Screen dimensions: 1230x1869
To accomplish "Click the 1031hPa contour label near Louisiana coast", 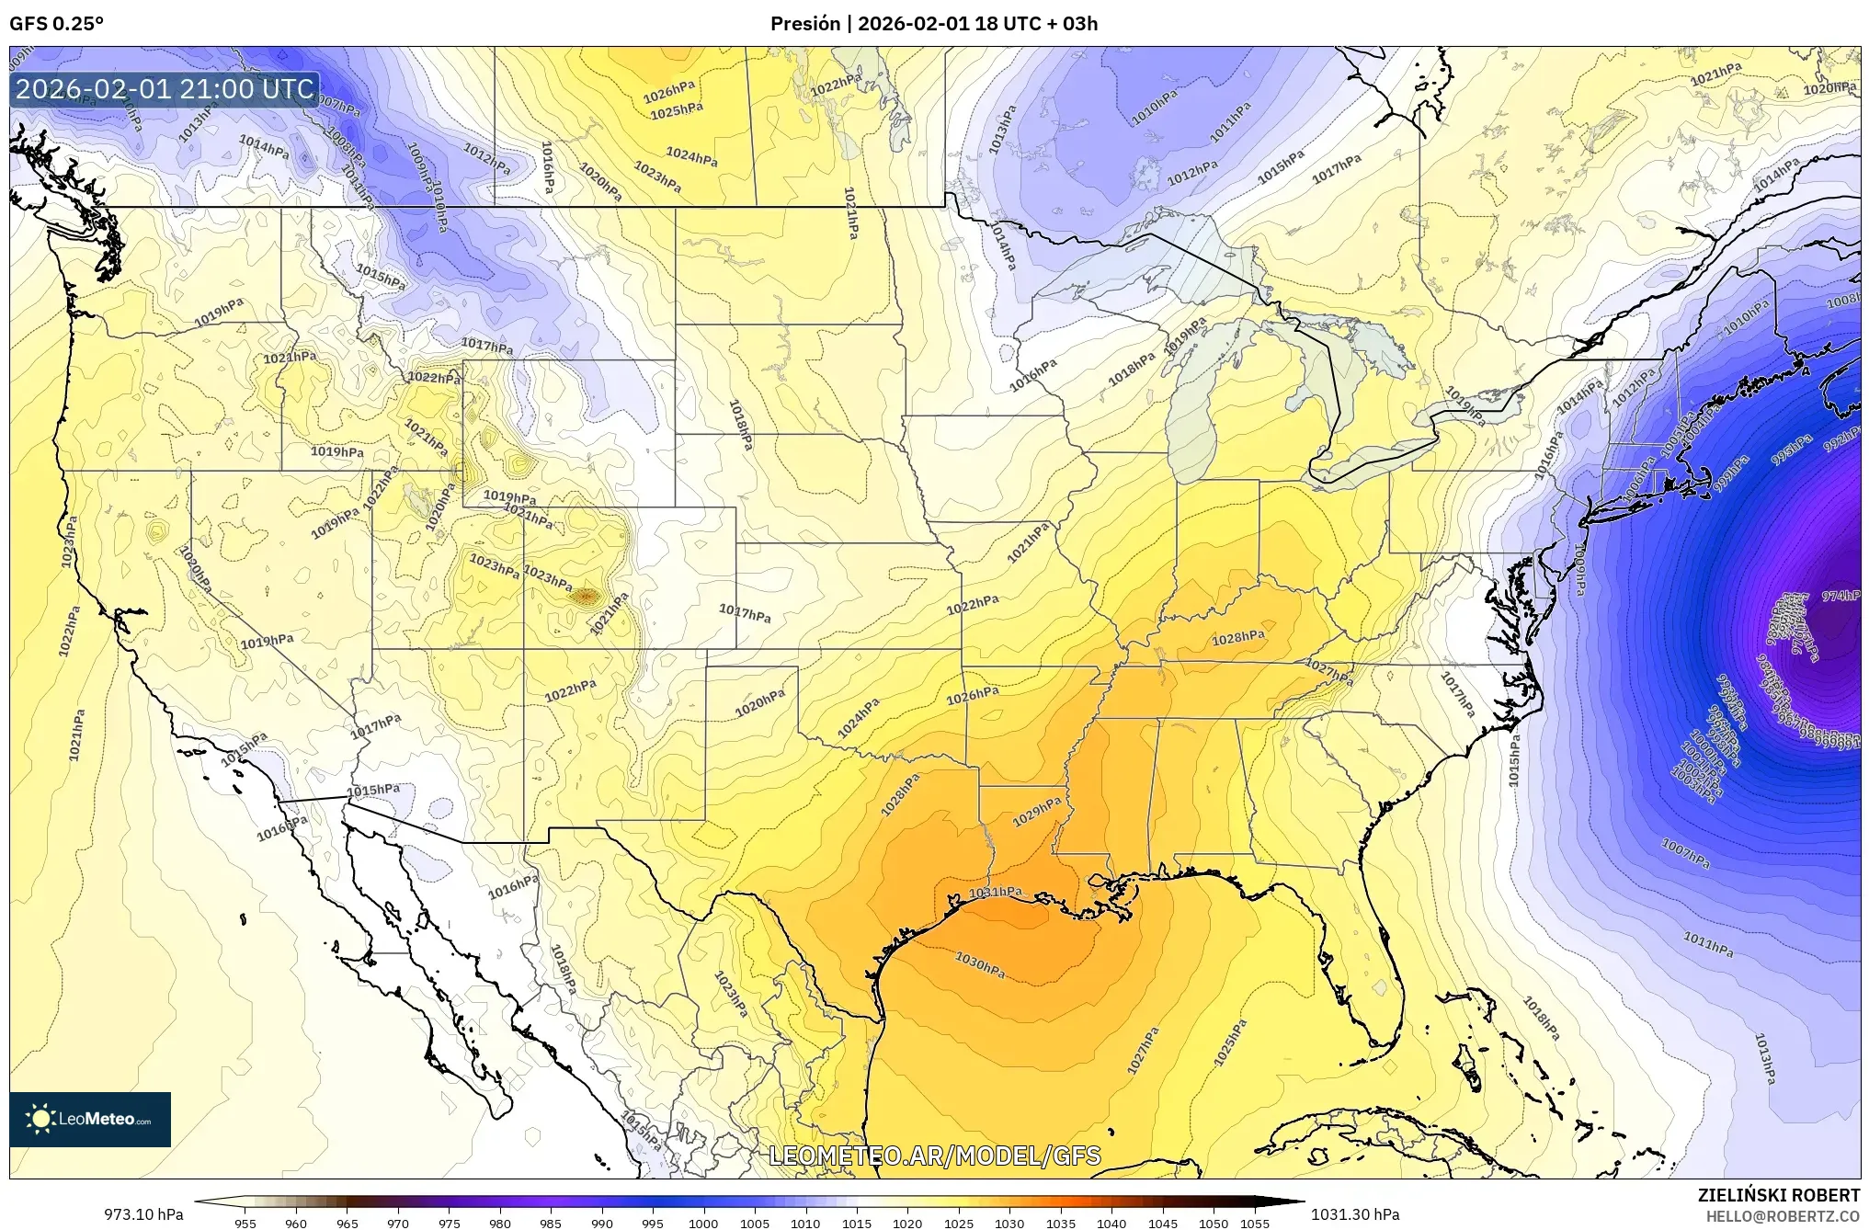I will tap(996, 892).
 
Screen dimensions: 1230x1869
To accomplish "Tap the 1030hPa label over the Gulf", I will tap(979, 964).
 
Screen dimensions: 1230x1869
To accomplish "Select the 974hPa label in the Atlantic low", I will tap(1841, 596).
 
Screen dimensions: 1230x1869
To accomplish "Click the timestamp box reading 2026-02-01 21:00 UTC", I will tap(165, 89).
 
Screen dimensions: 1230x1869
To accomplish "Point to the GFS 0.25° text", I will tap(56, 23).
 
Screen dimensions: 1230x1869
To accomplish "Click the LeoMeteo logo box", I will tap(90, 1119).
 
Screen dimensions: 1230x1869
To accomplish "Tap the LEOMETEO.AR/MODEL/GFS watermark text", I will tap(934, 1156).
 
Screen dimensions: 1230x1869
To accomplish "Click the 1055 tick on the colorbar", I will tap(1254, 1224).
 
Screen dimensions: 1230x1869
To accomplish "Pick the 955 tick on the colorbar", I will tap(245, 1224).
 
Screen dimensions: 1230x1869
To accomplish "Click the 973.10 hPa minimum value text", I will tap(143, 1214).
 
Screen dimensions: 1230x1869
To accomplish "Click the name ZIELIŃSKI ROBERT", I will tap(1778, 1195).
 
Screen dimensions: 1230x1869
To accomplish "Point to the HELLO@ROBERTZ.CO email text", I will tap(1784, 1215).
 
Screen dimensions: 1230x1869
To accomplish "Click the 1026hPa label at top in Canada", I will tap(668, 92).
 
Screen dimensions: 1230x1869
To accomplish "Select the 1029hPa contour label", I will tap(1037, 812).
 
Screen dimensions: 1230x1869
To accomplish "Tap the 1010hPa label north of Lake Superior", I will tap(1150, 113).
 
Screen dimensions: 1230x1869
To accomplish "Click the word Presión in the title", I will tap(803, 23).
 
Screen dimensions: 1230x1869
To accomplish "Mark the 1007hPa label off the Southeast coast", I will tap(1685, 853).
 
